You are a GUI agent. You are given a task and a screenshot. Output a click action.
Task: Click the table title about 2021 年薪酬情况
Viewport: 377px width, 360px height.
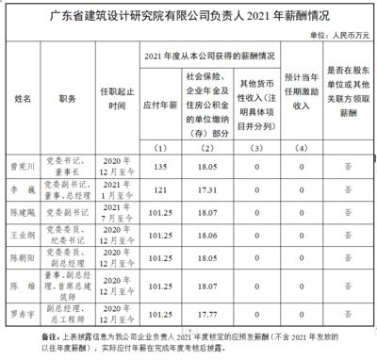[188, 16]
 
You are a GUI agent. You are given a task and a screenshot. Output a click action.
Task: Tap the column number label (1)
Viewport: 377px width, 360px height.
[159, 150]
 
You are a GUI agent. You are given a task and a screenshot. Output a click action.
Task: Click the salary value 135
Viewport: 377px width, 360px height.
[159, 166]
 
